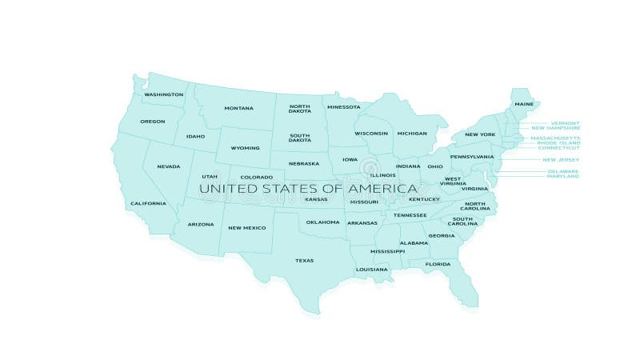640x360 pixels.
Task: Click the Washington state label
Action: (x=163, y=94)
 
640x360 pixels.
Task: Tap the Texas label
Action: (x=304, y=260)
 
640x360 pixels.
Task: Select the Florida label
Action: (x=438, y=264)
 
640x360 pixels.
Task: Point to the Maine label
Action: (x=524, y=104)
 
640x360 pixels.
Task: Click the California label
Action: (x=148, y=203)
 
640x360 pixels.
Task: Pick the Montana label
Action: (x=238, y=108)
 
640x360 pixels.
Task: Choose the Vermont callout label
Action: (x=566, y=123)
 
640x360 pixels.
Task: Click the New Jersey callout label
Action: (x=561, y=159)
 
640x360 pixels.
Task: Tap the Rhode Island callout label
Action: (x=558, y=142)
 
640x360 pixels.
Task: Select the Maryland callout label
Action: (x=562, y=176)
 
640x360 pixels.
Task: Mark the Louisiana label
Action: (x=372, y=269)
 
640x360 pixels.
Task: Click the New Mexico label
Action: (x=246, y=228)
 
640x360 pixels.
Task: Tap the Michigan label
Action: (x=411, y=133)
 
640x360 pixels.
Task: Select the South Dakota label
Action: (x=300, y=137)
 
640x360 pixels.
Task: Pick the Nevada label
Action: (x=168, y=166)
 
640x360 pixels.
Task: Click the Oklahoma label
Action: (x=322, y=222)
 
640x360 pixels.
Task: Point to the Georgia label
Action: (x=441, y=235)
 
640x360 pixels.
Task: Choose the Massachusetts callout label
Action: (x=555, y=138)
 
